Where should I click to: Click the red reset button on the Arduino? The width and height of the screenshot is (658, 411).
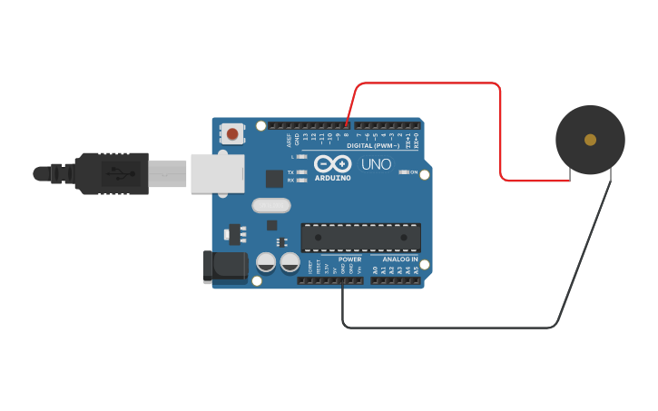pyautogui.click(x=232, y=134)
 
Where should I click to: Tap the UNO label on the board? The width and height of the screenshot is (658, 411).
pyautogui.click(x=377, y=165)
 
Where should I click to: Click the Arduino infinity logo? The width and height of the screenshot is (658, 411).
pyautogui.click(x=331, y=163)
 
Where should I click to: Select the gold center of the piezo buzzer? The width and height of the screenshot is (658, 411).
pyautogui.click(x=590, y=140)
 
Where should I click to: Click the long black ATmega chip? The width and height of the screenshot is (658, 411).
pyautogui.click(x=360, y=237)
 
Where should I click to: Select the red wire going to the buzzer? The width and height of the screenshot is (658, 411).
pyautogui.click(x=501, y=127)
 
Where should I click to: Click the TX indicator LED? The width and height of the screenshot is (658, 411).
pyautogui.click(x=301, y=171)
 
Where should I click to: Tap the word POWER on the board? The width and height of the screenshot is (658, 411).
pyautogui.click(x=349, y=259)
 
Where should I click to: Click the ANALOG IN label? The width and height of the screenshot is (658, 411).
pyautogui.click(x=394, y=259)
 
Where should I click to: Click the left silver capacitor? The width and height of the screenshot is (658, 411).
pyautogui.click(x=266, y=262)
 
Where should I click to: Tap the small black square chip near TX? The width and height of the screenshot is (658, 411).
pyautogui.click(x=273, y=179)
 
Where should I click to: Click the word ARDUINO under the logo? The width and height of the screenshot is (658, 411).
pyautogui.click(x=332, y=177)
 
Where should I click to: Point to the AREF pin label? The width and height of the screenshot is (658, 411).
pyautogui.click(x=290, y=140)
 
